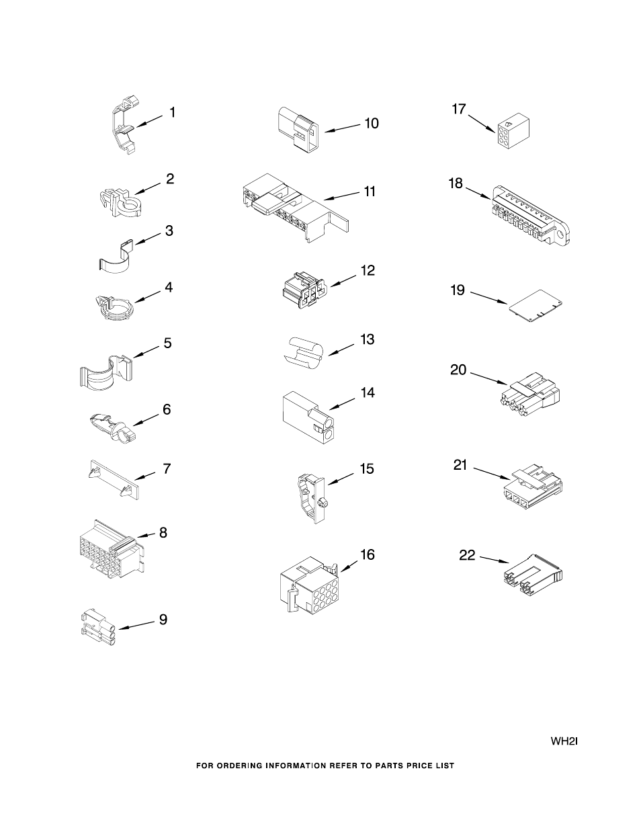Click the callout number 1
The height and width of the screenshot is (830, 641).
tap(172, 112)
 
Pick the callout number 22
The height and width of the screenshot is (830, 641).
tap(467, 555)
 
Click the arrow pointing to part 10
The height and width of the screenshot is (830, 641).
tap(343, 128)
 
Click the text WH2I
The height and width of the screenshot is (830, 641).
tap(564, 742)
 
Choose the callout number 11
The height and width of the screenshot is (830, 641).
tap(370, 192)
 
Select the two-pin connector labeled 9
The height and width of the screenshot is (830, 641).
tap(98, 625)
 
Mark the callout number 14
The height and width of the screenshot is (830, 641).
tap(368, 392)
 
